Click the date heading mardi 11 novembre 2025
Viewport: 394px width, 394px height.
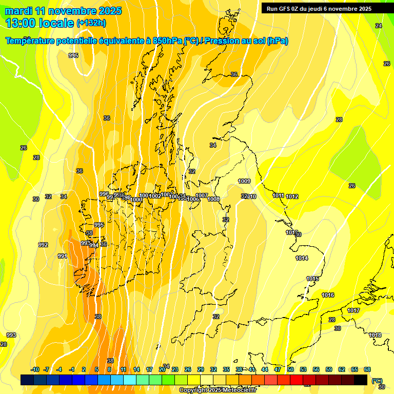(x=63, y=11)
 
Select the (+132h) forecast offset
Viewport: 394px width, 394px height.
(x=91, y=23)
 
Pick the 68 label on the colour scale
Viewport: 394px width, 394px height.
(x=367, y=369)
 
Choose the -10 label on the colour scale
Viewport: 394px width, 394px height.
(x=35, y=369)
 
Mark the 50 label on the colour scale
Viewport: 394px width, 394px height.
(x=290, y=369)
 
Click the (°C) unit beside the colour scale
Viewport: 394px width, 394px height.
(x=377, y=380)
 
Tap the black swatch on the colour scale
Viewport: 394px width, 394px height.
(x=361, y=380)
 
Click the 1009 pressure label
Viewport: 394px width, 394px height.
(x=244, y=181)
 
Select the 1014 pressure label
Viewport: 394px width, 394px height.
(x=302, y=258)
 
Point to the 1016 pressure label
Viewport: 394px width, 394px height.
(x=328, y=295)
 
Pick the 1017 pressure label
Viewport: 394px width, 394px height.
(x=353, y=310)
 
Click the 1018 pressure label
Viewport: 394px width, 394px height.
(x=375, y=335)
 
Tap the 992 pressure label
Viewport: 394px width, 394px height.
(x=43, y=245)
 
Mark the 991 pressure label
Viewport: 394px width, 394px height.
(x=62, y=256)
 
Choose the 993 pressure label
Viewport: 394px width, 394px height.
(x=11, y=335)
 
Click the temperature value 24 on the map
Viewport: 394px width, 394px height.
(x=379, y=26)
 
